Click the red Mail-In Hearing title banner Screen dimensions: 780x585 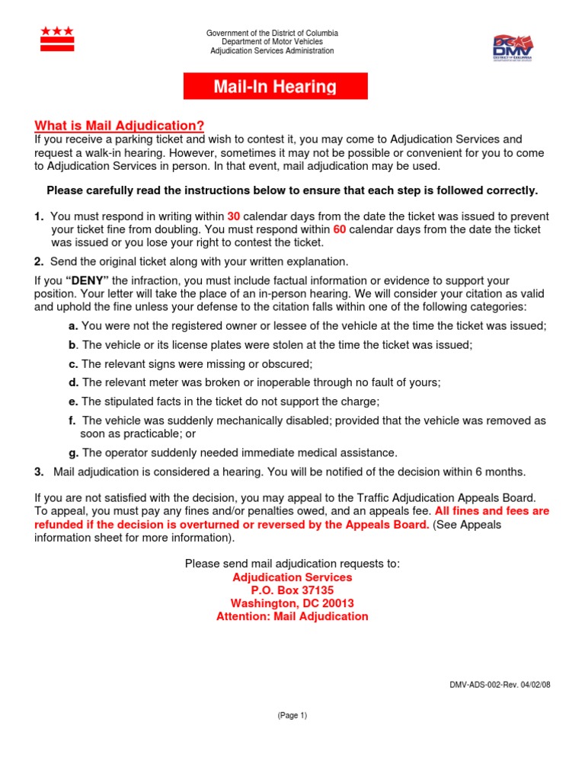275,86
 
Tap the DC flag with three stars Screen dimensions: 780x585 57,39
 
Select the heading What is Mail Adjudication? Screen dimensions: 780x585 120,126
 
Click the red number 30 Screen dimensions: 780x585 234,217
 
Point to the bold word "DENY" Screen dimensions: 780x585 91,281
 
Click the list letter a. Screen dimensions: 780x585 73,325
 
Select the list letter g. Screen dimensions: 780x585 73,452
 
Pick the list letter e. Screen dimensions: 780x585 73,401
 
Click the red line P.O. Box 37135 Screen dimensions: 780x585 292,590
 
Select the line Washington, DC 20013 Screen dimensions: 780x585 292,603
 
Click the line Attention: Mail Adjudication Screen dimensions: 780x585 292,616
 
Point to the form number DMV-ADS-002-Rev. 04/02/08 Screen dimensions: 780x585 500,685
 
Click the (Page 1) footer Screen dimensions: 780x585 292,715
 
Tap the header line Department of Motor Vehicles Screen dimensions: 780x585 272,42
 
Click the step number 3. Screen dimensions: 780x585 38,472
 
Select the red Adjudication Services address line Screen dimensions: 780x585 292,577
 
